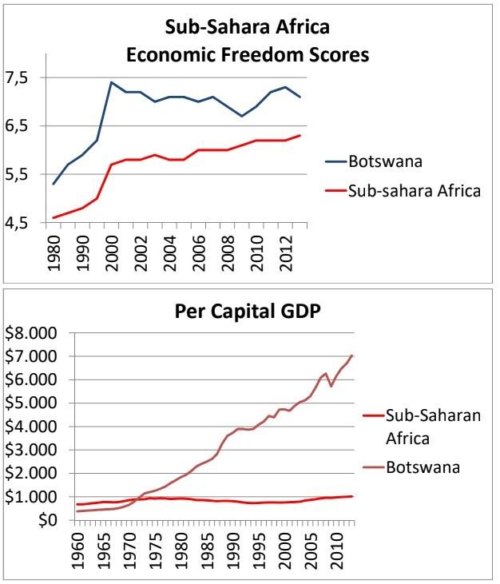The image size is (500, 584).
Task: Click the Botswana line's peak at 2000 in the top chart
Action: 111,82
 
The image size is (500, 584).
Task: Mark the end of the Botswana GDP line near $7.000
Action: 352,356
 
